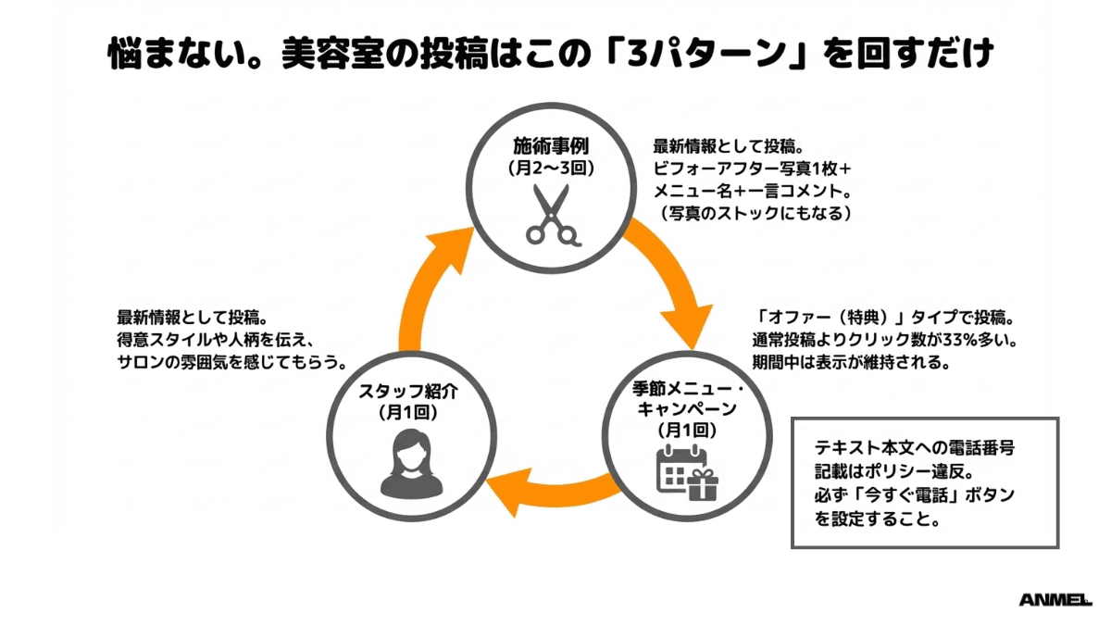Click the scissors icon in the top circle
point(551,216)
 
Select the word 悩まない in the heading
point(166,53)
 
